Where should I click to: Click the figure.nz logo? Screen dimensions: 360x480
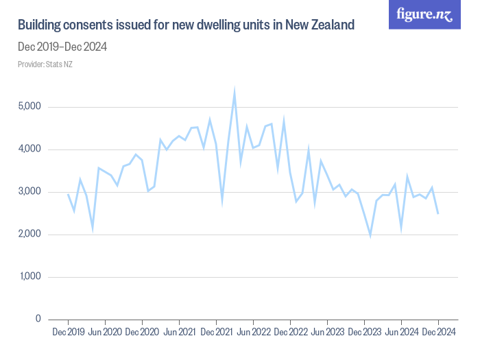click(425, 14)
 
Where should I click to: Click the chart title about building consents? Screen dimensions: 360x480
click(186, 26)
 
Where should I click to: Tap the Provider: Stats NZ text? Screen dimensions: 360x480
click(45, 64)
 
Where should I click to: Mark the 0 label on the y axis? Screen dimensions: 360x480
click(38, 320)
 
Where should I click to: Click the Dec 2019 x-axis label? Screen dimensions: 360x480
click(68, 333)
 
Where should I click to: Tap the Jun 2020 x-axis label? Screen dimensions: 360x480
click(105, 333)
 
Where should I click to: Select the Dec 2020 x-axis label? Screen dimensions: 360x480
click(142, 333)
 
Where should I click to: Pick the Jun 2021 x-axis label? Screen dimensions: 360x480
click(179, 333)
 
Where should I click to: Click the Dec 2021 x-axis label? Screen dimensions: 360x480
click(216, 333)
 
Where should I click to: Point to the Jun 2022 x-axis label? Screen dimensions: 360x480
click(253, 333)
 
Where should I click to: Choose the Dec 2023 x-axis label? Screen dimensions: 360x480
click(364, 333)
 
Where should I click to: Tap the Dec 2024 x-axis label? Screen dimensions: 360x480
click(438, 333)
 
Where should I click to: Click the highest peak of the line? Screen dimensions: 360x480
click(235, 91)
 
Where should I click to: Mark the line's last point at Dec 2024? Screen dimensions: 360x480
click(438, 213)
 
